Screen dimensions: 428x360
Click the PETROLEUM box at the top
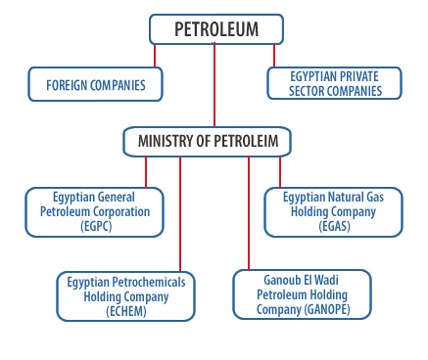click(x=216, y=29)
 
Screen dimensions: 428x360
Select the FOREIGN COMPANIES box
click(x=95, y=85)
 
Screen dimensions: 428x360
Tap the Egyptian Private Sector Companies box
click(x=333, y=82)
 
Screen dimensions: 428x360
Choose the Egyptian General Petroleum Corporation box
click(x=95, y=211)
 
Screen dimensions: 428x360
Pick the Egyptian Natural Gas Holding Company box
click(x=333, y=211)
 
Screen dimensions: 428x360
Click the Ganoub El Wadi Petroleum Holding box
click(x=303, y=293)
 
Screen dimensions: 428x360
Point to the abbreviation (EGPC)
click(x=95, y=226)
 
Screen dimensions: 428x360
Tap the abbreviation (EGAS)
click(x=333, y=226)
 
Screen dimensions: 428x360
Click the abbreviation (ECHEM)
click(x=126, y=311)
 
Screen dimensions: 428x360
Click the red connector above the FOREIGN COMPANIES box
click(x=155, y=56)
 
